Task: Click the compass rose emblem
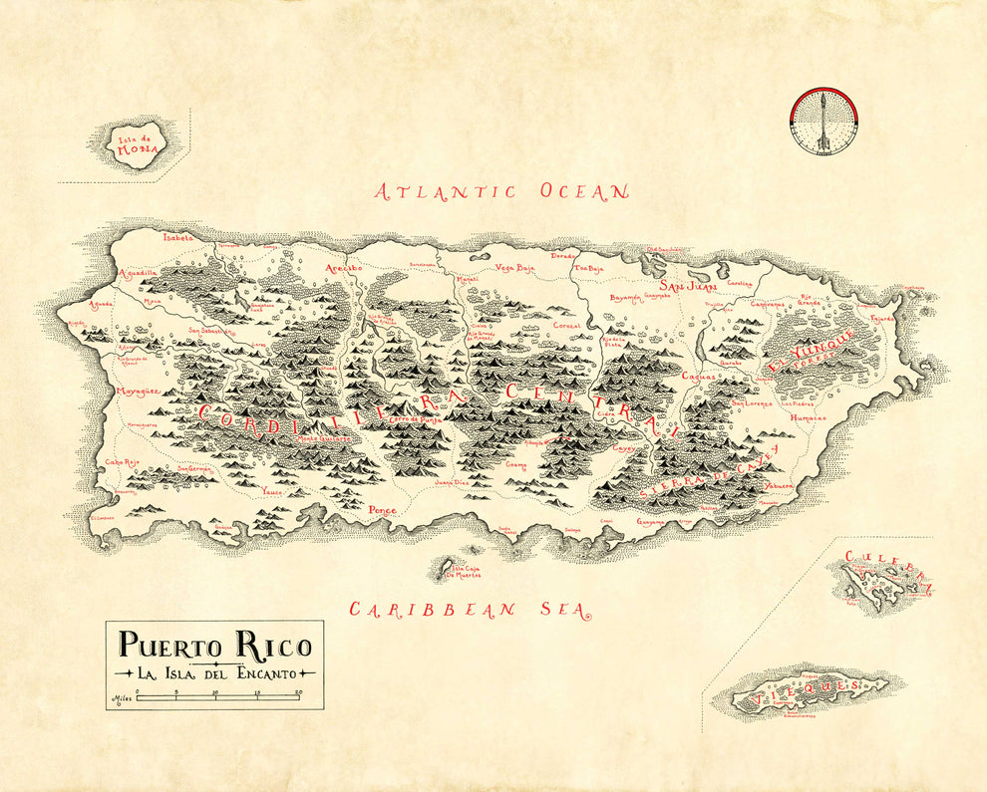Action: [823, 122]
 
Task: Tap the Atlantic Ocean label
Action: [501, 191]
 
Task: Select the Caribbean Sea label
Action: [468, 610]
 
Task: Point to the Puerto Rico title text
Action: [214, 645]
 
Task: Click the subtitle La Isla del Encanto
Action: [214, 673]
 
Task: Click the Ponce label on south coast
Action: [382, 510]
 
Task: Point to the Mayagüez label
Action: [137, 392]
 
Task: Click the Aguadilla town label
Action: [138, 272]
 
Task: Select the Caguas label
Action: [699, 377]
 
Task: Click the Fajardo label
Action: [882, 319]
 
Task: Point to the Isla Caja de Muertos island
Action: [441, 569]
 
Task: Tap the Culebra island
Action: [877, 583]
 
